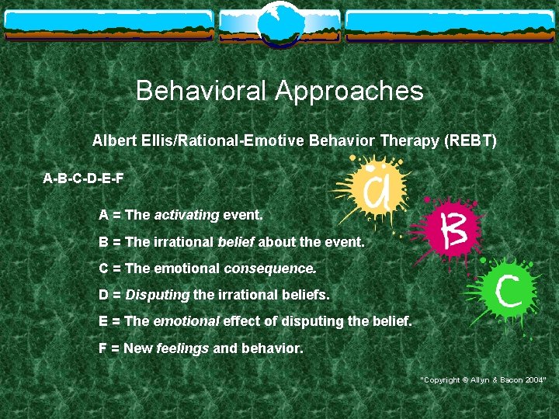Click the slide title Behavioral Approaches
click(x=279, y=92)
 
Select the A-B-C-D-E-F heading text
click(x=83, y=178)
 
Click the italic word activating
click(x=186, y=215)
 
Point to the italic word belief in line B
click(x=236, y=242)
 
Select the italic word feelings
click(x=182, y=349)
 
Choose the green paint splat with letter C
click(x=505, y=294)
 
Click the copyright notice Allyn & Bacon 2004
click(x=484, y=379)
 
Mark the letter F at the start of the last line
click(x=103, y=349)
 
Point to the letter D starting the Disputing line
click(x=104, y=296)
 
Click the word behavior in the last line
click(x=271, y=349)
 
